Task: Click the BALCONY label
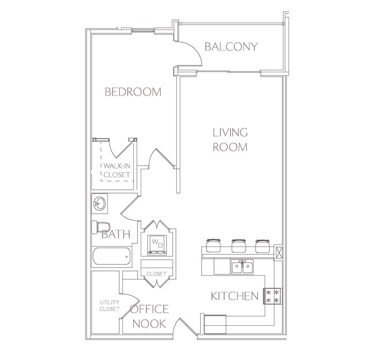[x=231, y=46]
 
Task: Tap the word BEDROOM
[x=133, y=92]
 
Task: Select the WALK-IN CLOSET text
[x=117, y=170]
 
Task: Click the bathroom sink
[x=99, y=203]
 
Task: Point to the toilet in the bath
[x=101, y=227]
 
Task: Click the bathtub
[x=112, y=256]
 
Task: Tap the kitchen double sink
[x=242, y=267]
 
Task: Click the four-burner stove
[x=273, y=296]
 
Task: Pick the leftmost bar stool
[x=213, y=245]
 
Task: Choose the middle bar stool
[x=239, y=246]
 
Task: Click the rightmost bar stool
[x=262, y=246]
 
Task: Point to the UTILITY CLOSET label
[x=109, y=306]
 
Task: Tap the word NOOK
[x=149, y=323]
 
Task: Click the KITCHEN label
[x=235, y=296]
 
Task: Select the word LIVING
[x=230, y=132]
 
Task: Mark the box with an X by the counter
[x=278, y=253]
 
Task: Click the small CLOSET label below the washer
[x=156, y=274]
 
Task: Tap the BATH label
[x=116, y=234]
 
